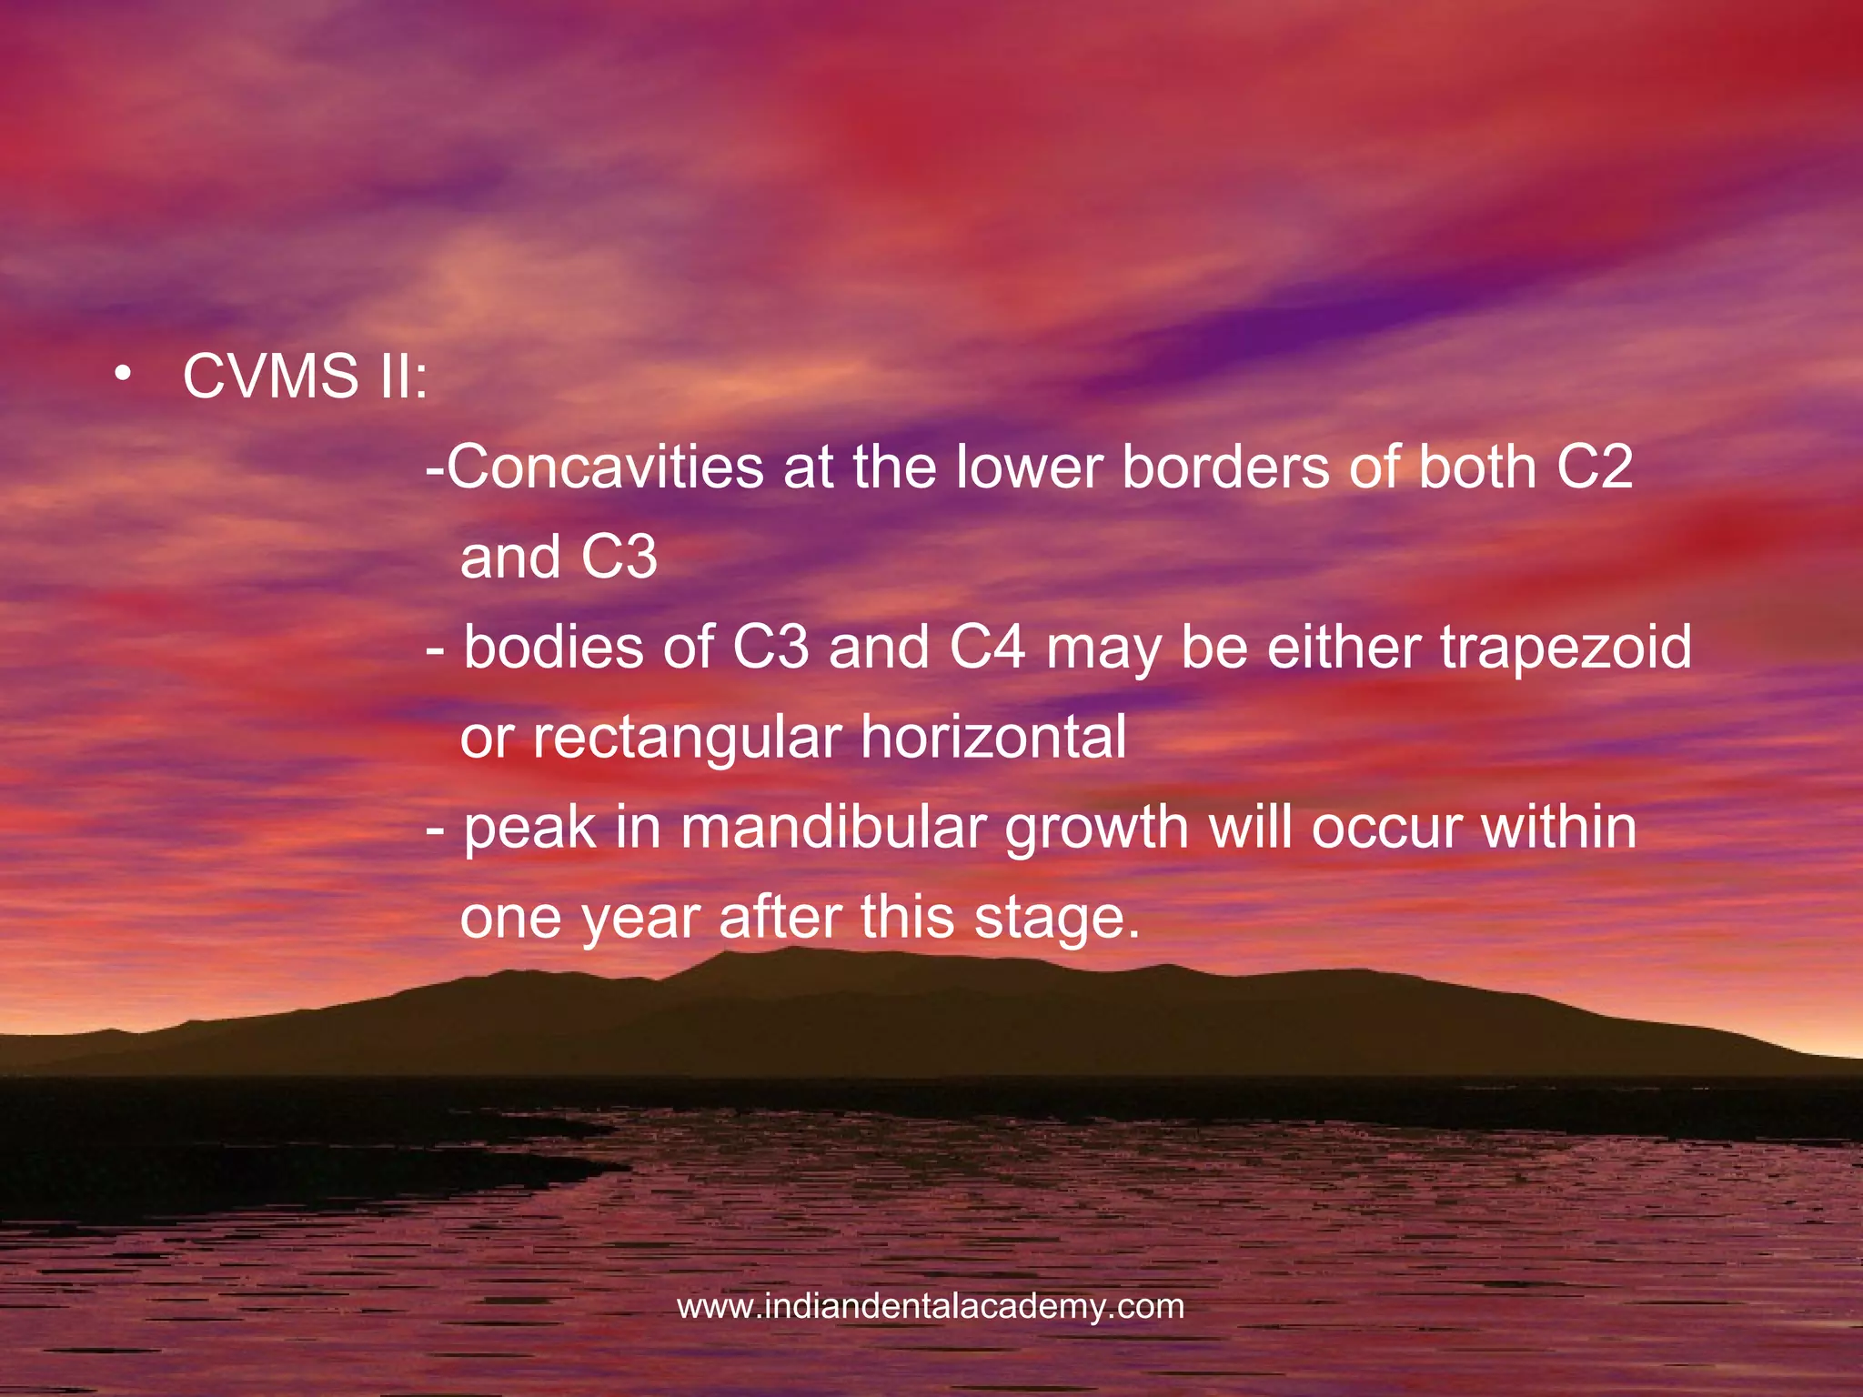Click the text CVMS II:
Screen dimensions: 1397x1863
point(305,376)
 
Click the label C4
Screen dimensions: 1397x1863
point(987,647)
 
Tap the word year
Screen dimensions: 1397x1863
point(640,919)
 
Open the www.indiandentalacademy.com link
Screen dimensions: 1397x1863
point(931,1307)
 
